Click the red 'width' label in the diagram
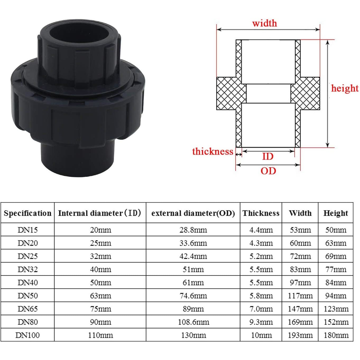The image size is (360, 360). (265, 23)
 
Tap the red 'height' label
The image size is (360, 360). (345, 88)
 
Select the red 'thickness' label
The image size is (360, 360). (213, 151)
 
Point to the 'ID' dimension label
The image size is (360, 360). (267, 156)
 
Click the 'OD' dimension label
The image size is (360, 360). (268, 171)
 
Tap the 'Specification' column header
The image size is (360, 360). (27, 213)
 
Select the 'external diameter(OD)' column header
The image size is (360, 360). (193, 213)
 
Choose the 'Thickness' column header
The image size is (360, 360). (261, 213)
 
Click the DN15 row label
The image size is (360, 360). (27, 230)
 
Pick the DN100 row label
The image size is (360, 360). (27, 335)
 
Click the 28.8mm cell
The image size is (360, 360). (193, 230)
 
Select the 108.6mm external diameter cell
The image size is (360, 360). (193, 322)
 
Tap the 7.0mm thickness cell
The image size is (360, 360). (261, 309)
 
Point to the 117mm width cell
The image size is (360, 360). (300, 296)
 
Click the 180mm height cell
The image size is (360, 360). (336, 335)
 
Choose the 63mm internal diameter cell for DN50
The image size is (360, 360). (100, 296)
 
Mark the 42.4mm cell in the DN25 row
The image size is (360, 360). (193, 256)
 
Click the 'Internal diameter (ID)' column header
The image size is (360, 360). (100, 213)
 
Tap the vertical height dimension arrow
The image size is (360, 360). (327, 94)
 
